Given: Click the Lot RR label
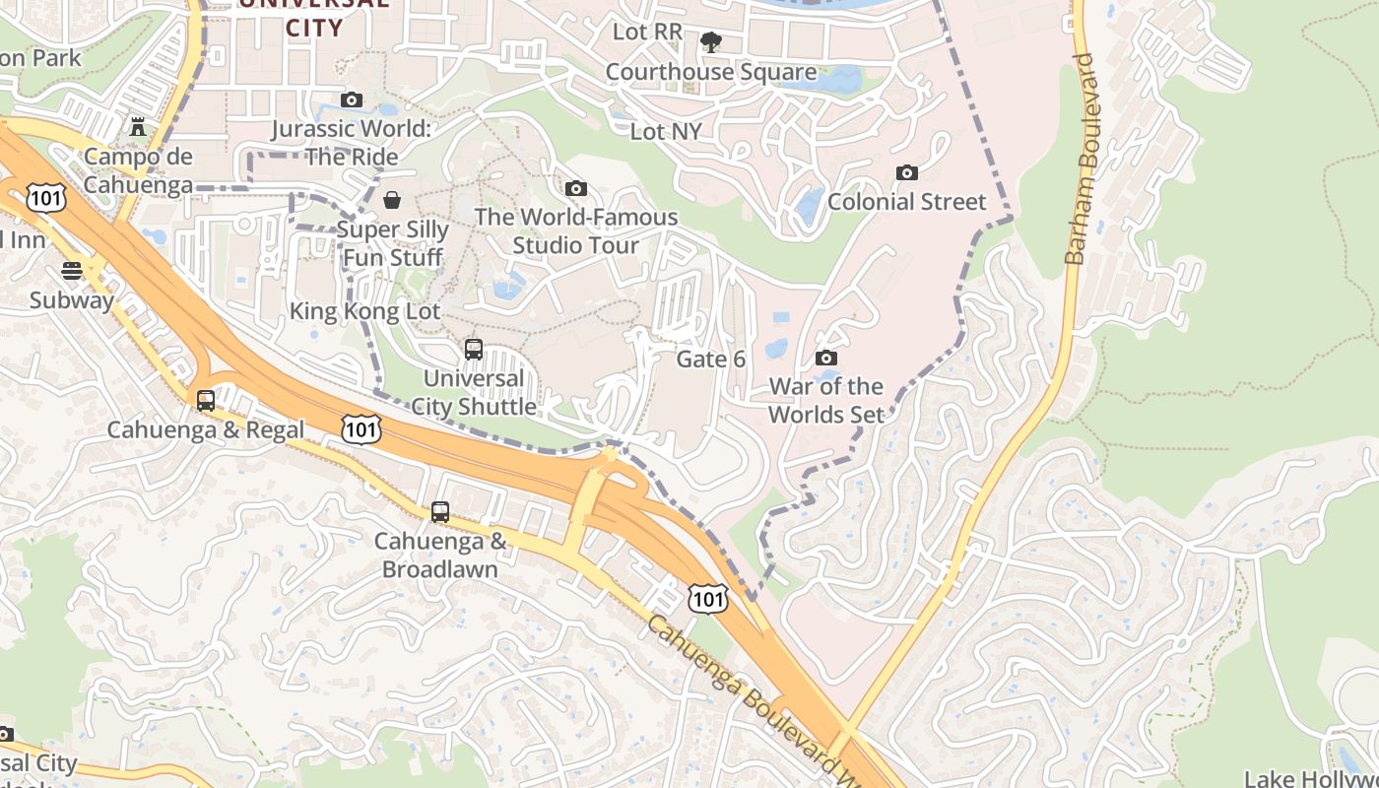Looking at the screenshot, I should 647,32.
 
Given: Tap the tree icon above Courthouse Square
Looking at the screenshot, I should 710,42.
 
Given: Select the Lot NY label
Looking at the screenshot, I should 666,131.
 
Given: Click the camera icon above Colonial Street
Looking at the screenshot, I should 907,173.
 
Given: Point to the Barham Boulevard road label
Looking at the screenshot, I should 1080,160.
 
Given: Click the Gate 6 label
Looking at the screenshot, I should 710,360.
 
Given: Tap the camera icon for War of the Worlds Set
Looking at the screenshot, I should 826,358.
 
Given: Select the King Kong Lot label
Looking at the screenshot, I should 364,312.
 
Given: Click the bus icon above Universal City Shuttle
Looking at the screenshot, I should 474,350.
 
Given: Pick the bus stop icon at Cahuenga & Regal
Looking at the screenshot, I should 206,401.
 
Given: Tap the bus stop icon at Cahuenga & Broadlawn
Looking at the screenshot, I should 440,512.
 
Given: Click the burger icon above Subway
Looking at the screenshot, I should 72,271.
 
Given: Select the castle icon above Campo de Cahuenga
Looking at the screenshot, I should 138,127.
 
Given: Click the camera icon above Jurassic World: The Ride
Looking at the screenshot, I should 352,99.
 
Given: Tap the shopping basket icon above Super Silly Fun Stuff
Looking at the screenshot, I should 392,200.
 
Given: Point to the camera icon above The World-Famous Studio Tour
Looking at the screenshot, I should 576,188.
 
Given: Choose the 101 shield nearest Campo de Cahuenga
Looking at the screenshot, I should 47,198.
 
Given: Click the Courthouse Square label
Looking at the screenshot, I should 710,72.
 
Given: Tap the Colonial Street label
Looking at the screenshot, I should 906,202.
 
